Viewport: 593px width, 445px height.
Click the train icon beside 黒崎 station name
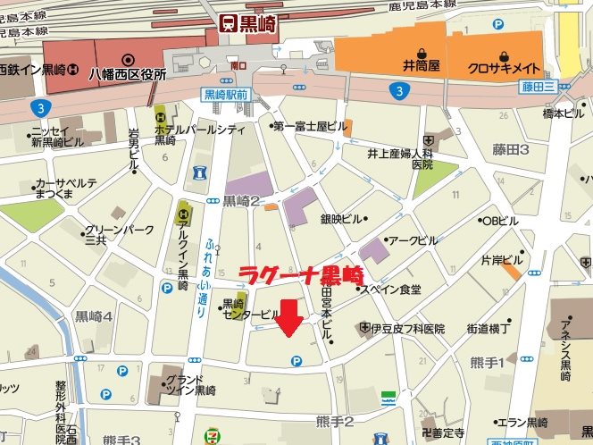tap(228, 23)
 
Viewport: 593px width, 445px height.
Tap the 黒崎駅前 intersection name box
tap(225, 94)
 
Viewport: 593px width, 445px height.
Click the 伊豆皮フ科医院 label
tap(407, 329)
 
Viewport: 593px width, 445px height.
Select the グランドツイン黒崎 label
tap(190, 384)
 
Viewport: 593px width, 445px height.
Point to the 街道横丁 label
tap(487, 329)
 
